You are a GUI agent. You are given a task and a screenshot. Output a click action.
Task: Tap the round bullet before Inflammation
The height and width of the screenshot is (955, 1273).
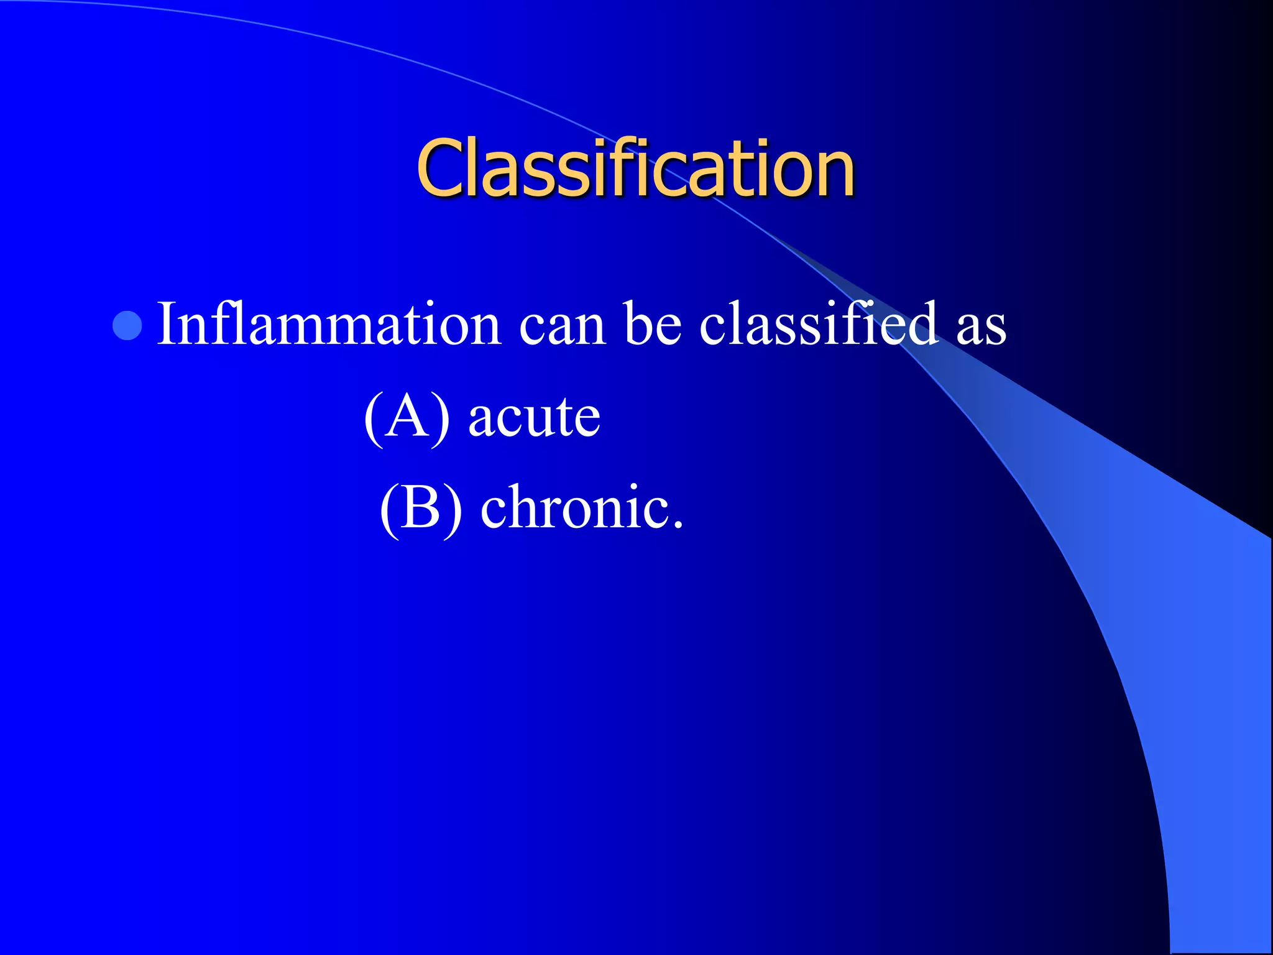[x=127, y=325]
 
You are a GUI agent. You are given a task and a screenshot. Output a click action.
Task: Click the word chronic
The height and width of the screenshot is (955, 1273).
[x=574, y=507]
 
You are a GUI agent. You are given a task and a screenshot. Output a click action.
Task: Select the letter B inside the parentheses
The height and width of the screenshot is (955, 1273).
[x=420, y=507]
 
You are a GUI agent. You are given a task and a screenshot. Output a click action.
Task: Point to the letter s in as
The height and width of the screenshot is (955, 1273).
[x=995, y=330]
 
